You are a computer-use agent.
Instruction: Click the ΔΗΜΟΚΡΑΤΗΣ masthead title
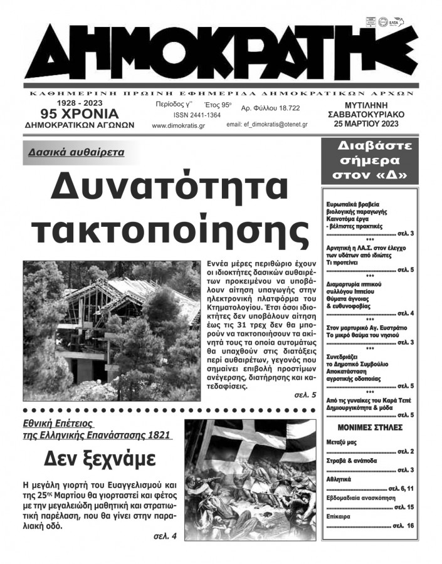tap(221, 50)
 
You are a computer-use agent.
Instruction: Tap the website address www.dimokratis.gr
tap(176, 125)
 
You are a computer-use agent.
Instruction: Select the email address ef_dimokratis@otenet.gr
tap(266, 125)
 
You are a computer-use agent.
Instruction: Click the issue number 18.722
tap(270, 108)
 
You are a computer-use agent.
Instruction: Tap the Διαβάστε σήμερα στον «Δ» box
tap(369, 160)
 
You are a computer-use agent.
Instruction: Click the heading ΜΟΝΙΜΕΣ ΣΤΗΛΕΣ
tap(369, 427)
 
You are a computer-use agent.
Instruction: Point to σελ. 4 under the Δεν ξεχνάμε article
tap(166, 536)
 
